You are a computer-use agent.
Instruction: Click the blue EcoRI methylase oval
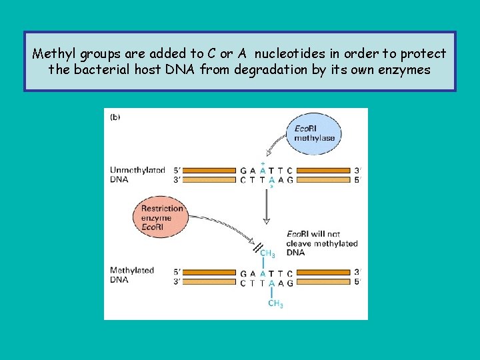pos(314,133)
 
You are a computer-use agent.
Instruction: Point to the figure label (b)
pos(115,117)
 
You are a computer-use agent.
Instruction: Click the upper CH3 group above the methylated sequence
pos(267,253)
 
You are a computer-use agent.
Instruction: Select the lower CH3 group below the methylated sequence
pos(275,304)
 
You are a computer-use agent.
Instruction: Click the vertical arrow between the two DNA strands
pos(266,207)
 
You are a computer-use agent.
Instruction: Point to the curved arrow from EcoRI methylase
pos(277,147)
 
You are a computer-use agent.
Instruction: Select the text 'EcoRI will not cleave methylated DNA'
pos(321,243)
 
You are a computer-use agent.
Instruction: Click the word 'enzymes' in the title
pos(405,69)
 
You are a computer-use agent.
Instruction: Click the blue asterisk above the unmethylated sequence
pos(263,163)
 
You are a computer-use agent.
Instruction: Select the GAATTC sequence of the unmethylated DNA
pos(266,171)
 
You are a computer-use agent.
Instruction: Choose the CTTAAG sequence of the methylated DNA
pos(266,283)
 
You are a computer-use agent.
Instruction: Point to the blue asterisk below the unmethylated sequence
pos(271,187)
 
